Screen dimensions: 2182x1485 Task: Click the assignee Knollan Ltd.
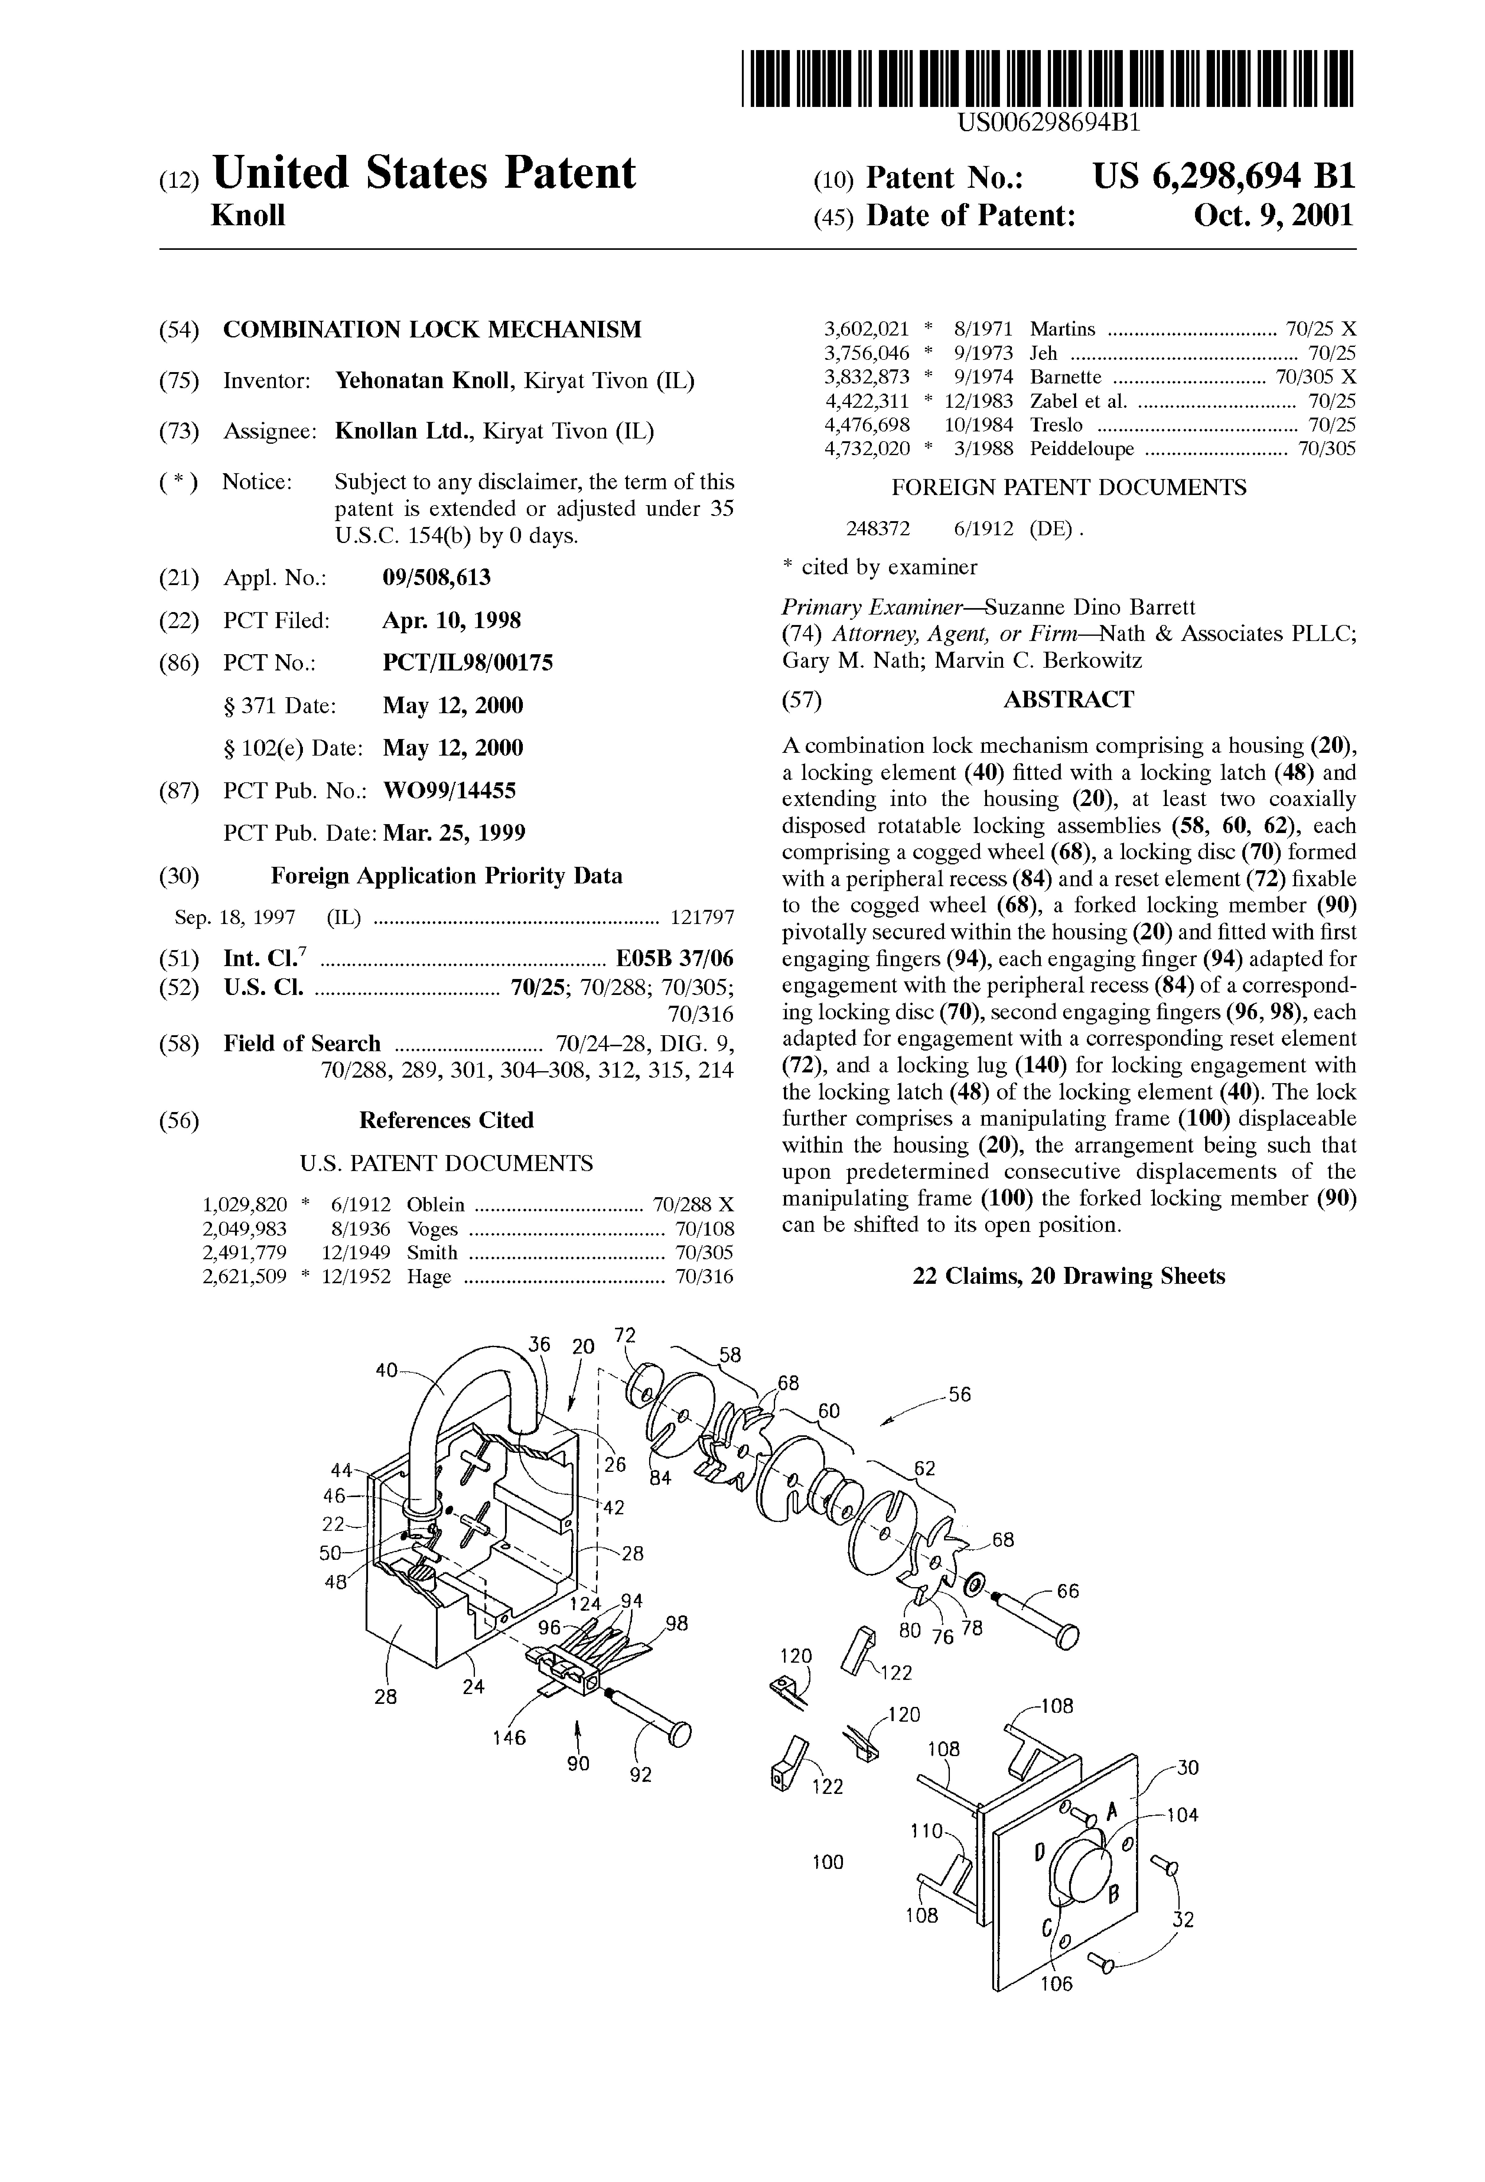404,432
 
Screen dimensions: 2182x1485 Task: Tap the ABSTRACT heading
1068,699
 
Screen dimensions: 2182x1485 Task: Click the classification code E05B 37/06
674,959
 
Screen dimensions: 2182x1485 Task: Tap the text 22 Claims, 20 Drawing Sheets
1068,1276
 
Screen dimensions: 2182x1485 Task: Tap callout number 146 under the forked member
510,1737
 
